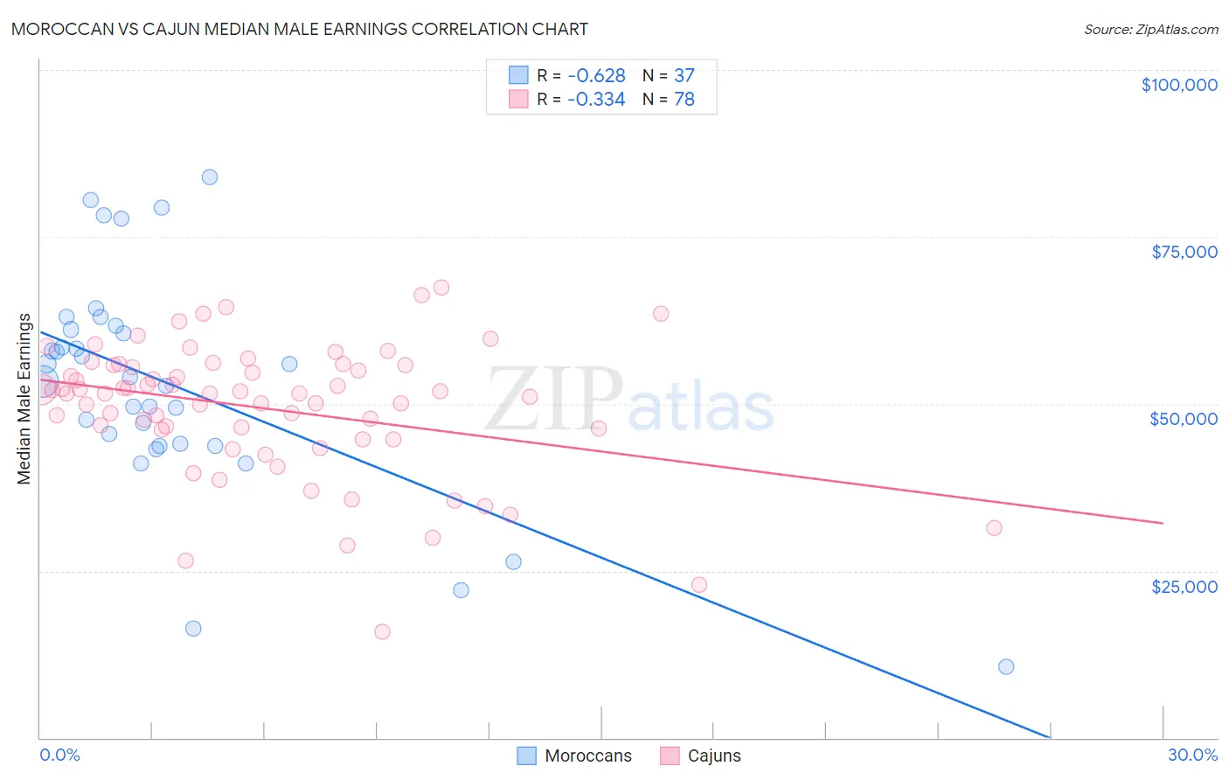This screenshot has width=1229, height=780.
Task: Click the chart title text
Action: tap(299, 29)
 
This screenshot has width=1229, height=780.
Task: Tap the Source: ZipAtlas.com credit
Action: tap(1150, 29)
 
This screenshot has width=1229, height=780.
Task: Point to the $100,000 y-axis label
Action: tap(1179, 85)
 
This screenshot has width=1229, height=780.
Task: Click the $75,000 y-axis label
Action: tap(1184, 252)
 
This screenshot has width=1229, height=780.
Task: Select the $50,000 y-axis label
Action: tap(1184, 419)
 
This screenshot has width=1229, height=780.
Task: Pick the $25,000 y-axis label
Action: tap(1184, 586)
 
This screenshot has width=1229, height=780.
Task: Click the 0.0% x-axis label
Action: tap(59, 755)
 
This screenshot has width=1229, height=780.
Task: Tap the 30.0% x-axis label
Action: tap(1192, 755)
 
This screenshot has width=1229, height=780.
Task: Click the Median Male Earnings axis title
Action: tap(24, 399)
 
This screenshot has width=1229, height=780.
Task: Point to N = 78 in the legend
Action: tap(669, 100)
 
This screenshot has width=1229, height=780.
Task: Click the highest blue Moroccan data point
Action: tap(210, 177)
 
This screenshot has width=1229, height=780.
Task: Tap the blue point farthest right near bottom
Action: tap(1006, 666)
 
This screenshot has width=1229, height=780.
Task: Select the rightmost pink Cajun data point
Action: tap(994, 528)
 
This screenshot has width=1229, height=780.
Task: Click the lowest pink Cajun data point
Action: tap(382, 631)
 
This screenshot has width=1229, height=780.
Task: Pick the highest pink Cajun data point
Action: tap(441, 288)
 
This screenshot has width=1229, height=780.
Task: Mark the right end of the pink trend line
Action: tap(1163, 523)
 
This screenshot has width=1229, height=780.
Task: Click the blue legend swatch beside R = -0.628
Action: tap(519, 76)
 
